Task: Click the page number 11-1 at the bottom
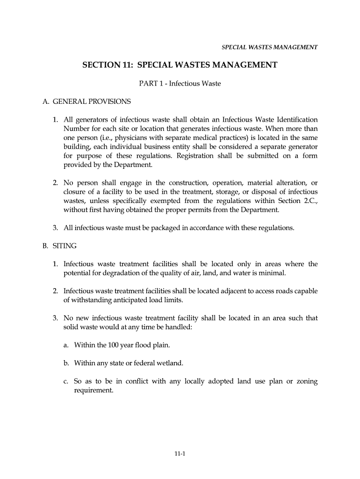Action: point(180,453)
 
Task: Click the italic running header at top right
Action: point(269,47)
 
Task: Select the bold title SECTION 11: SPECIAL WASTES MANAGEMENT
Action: point(180,65)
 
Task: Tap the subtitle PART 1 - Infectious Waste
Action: point(180,84)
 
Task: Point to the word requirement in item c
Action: point(94,390)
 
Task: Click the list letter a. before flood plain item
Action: point(66,345)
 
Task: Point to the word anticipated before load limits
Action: point(123,300)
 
